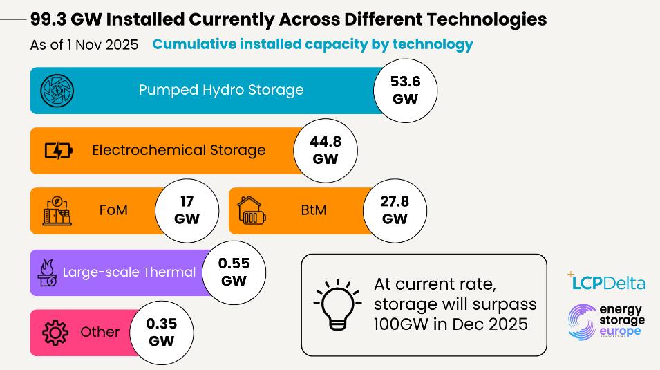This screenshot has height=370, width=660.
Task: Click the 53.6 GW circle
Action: pos(405,91)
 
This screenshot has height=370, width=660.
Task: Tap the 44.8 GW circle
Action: pos(326,151)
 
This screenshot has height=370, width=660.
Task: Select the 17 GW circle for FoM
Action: pos(187,210)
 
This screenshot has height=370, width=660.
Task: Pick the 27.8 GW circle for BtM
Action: pos(395,210)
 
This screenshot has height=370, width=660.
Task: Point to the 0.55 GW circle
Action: pos(234,272)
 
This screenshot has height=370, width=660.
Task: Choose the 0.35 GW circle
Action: pos(161,333)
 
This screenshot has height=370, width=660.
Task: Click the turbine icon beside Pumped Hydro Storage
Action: pos(57,91)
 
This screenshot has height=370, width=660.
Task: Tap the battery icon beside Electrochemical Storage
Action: pos(58,150)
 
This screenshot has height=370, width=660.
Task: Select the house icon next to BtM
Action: pos(252,211)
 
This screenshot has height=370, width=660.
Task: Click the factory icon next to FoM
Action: pos(57,211)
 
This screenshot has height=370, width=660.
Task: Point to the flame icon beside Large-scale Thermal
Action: pos(48,272)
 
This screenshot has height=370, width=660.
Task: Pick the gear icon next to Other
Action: pos(55,333)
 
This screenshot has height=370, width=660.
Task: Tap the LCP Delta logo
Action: pos(607,281)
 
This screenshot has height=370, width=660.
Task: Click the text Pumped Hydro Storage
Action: pos(221,90)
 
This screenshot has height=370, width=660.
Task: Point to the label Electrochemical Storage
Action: pos(178,150)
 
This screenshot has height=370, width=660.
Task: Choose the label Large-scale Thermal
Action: pos(129,272)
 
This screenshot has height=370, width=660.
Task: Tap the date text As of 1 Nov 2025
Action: pos(84,45)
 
